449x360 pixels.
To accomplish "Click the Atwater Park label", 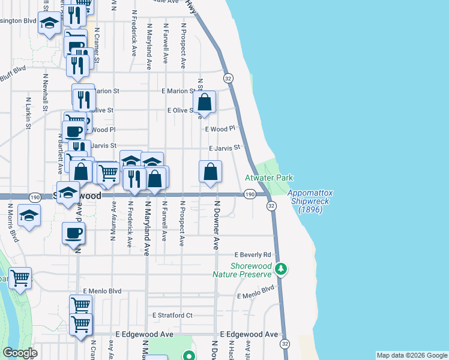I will click(269, 178).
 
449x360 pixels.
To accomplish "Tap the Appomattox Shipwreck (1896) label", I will click(310, 202).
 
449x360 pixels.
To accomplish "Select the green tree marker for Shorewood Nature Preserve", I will click(280, 269).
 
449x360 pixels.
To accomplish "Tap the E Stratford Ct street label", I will click(172, 315).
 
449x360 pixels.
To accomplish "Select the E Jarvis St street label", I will click(224, 148).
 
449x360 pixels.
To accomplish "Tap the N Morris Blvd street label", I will click(10, 221).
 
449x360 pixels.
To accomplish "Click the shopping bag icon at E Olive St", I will click(205, 102).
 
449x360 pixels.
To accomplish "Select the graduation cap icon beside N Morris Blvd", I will click(29, 217).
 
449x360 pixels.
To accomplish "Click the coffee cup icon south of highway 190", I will click(73, 233).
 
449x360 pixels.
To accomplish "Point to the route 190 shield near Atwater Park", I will click(250, 194).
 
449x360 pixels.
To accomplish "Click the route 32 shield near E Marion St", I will click(228, 79).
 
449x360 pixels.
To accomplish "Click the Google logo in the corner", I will click(20, 353).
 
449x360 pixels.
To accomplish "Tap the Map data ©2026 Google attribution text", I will click(412, 355).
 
